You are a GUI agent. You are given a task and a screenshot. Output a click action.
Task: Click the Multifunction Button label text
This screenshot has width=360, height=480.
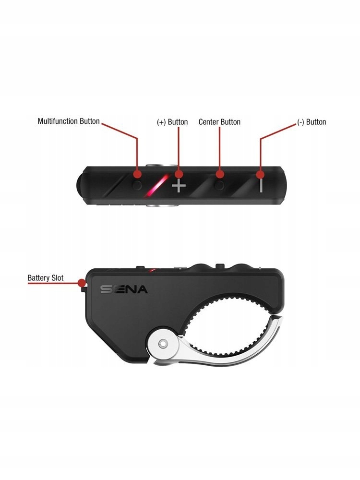point(69,121)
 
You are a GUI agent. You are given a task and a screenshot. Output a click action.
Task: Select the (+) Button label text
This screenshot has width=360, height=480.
point(172,122)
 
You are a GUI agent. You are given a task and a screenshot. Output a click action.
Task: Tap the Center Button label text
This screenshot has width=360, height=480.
point(219,122)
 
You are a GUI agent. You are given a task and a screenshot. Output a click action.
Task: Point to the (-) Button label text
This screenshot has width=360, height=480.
point(312,122)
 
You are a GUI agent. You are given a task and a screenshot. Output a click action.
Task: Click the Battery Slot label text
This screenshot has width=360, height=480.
point(45,278)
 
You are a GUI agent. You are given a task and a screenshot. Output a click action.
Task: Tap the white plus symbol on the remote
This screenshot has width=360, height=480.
point(179,185)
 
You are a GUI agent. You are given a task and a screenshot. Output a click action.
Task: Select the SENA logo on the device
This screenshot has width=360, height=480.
point(124,289)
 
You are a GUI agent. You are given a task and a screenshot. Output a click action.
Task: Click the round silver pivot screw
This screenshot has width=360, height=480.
point(163,343)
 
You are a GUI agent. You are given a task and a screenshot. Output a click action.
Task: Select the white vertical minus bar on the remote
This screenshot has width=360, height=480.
point(261,185)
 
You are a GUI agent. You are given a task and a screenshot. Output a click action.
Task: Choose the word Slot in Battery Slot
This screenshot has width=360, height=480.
point(56,278)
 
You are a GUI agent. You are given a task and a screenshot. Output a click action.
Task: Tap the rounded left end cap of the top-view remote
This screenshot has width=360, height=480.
point(81,185)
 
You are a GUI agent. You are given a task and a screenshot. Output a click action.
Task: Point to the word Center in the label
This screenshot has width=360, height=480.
point(209,122)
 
